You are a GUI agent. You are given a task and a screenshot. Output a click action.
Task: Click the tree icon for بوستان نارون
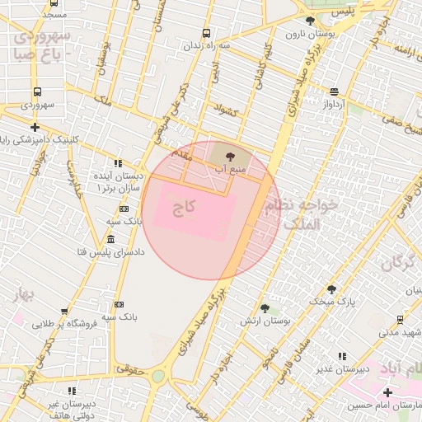tap(310, 21)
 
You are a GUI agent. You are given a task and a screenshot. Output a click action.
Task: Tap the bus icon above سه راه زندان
tap(205, 34)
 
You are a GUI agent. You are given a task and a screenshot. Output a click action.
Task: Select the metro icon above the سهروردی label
tap(37, 92)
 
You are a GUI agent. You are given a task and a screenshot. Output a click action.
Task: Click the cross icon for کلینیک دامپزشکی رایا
tap(35, 127)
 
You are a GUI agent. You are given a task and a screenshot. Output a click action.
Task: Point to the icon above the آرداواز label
tap(334, 92)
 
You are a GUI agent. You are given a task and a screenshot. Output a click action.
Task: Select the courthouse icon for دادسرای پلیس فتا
tap(110, 239)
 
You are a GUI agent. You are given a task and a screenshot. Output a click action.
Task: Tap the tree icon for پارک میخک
tap(331, 289)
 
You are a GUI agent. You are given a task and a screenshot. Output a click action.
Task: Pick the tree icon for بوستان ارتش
tap(264, 307)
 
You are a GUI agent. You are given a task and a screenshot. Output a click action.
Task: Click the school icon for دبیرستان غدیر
tap(341, 357)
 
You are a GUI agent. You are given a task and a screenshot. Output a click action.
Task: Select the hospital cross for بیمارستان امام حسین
tap(388, 392)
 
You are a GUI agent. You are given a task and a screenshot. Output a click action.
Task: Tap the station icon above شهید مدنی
tap(400, 320)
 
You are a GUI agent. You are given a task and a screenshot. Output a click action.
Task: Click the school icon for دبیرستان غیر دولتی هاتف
tap(72, 391)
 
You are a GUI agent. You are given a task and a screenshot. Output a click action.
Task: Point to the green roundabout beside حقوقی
tap(158, 377)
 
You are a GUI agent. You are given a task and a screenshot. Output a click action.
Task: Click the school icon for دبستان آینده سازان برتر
tap(118, 163)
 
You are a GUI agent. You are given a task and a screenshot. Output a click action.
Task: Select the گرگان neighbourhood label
tap(398, 264)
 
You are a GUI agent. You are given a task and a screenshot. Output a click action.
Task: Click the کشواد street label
tap(225, 110)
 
